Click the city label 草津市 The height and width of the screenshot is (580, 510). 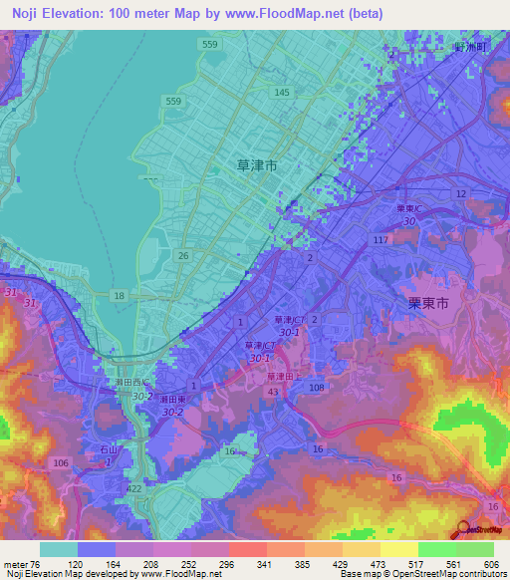click(258, 167)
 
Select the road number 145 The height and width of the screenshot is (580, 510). click(282, 93)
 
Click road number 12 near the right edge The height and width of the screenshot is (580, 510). click(460, 192)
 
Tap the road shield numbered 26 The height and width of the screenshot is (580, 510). click(183, 256)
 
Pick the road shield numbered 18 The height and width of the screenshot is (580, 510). click(120, 296)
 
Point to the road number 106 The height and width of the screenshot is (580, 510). click(61, 463)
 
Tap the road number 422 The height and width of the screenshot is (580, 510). click(134, 489)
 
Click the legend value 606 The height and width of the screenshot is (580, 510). click(488, 563)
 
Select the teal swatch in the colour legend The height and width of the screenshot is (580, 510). click(59, 549)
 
